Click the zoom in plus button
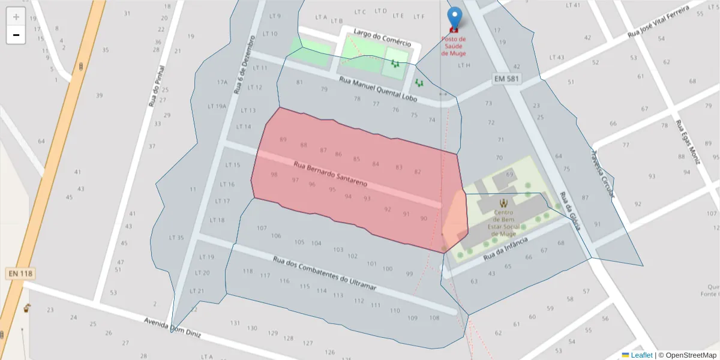(x=16, y=17)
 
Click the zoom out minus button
(x=16, y=35)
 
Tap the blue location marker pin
(x=455, y=18)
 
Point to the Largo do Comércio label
(x=382, y=37)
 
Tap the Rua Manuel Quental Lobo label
(x=377, y=88)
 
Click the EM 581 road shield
(x=507, y=79)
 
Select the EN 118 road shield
(x=20, y=274)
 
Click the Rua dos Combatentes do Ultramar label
(x=324, y=274)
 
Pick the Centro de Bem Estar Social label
(x=503, y=220)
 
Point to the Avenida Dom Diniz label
(x=172, y=328)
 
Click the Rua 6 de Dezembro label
(x=244, y=65)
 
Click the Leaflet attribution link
(x=641, y=355)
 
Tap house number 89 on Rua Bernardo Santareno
(x=283, y=140)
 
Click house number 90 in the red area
(x=424, y=218)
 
